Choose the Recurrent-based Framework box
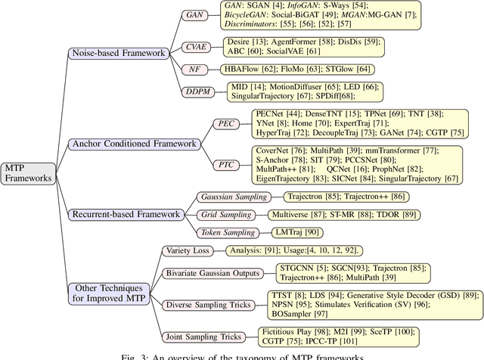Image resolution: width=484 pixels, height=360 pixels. (x=128, y=214)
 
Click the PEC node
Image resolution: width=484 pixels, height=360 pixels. (x=226, y=123)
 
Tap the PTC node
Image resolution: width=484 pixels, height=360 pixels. (x=226, y=163)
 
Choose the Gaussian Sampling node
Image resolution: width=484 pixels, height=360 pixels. (x=233, y=197)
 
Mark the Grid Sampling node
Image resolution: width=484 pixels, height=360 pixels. (x=226, y=214)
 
